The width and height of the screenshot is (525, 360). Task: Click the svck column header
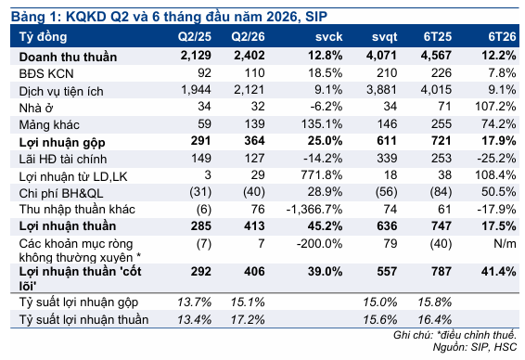pyautogui.click(x=328, y=36)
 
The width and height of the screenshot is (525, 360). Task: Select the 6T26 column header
pyautogui.click(x=502, y=36)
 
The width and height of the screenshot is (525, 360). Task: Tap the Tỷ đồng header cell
pyautogui.click(x=43, y=37)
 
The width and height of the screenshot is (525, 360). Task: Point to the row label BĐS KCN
pyautogui.click(x=46, y=73)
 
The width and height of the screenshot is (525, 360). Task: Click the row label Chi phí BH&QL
pyautogui.click(x=61, y=193)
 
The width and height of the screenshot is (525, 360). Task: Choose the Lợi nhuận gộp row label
pyautogui.click(x=62, y=142)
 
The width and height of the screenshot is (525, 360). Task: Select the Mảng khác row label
pyautogui.click(x=49, y=124)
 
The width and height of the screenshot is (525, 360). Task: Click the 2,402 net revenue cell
pyautogui.click(x=250, y=56)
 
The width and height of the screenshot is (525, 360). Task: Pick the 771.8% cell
pyautogui.click(x=322, y=174)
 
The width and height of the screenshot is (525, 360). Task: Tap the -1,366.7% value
pyautogui.click(x=314, y=210)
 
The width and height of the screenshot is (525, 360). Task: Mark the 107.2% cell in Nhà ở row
pyautogui.click(x=495, y=107)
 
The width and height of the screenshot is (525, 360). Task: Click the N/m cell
pyautogui.click(x=505, y=243)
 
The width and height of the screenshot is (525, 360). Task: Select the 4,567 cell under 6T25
pyautogui.click(x=436, y=56)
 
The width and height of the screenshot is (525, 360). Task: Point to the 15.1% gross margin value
pyautogui.click(x=248, y=302)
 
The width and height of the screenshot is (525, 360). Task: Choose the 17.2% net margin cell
pyautogui.click(x=248, y=319)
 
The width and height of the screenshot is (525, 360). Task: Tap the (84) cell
pyautogui.click(x=441, y=192)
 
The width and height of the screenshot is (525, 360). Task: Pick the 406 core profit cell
pyautogui.click(x=254, y=271)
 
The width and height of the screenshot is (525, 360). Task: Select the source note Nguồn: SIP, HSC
pyautogui.click(x=474, y=347)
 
